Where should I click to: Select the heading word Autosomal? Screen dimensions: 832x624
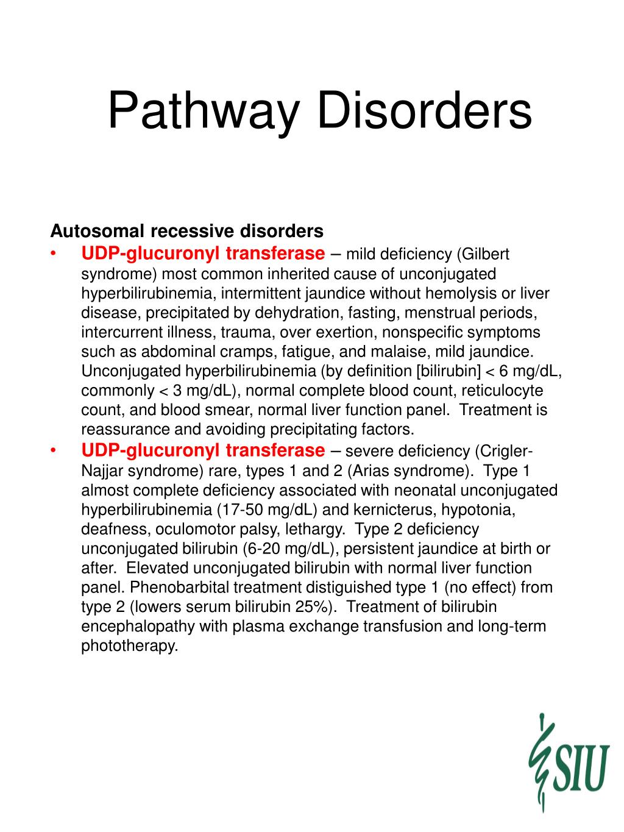point(97,232)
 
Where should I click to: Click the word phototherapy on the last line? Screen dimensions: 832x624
point(129,646)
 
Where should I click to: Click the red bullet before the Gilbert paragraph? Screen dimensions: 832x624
point(54,254)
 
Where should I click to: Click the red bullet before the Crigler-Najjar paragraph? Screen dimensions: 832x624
point(54,451)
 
